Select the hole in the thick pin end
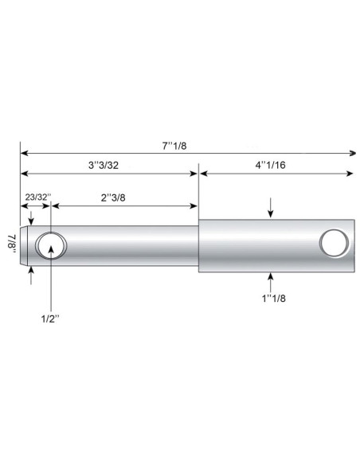pyautogui.click(x=334, y=241)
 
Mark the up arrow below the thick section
pyautogui.click(x=272, y=277)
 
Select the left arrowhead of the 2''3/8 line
pyautogui.click(x=55, y=205)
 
